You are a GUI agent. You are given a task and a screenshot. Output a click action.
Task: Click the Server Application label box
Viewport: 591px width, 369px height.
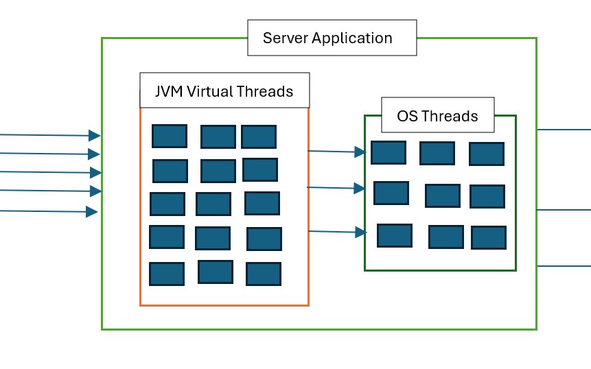332,38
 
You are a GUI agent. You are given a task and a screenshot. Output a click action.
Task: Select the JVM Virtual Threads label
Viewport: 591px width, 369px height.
224,91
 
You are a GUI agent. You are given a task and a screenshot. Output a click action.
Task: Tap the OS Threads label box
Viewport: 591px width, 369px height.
437,115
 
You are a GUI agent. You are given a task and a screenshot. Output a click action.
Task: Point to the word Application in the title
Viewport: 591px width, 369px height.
352,38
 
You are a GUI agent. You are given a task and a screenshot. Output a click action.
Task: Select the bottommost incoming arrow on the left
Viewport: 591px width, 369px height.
48,211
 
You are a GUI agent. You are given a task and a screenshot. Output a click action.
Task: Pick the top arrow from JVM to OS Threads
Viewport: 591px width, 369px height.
336,152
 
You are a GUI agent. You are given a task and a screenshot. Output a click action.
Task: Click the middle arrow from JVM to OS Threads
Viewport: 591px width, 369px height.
336,187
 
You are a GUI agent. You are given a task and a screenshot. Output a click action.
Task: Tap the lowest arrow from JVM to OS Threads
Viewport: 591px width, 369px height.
337,233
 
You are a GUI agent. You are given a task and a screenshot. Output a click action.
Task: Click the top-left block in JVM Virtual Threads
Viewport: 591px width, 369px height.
170,136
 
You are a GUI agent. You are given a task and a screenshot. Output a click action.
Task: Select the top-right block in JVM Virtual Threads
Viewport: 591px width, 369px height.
259,136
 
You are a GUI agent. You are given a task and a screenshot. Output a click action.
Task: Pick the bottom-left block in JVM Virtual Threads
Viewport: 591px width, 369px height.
167,274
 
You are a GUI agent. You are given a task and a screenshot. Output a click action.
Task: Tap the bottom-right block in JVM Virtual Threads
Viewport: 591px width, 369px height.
264,274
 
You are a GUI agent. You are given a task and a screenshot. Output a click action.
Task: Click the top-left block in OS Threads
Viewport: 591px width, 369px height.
389,152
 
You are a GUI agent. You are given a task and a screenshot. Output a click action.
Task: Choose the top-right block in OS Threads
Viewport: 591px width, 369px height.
487,154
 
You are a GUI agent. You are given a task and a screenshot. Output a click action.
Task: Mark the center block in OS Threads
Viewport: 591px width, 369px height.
443,195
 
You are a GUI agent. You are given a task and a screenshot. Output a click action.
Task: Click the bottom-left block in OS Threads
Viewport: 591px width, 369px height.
395,235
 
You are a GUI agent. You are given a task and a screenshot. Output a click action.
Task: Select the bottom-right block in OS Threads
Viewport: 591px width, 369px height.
489,237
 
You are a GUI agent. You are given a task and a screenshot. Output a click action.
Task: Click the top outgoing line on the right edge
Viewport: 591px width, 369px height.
564,129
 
